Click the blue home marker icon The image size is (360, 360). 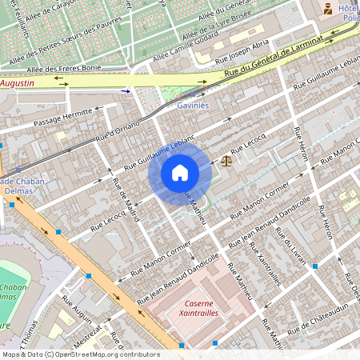[179, 173]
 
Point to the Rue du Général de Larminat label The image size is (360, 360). [278, 57]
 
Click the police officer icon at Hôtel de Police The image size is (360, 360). [326, 9]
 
